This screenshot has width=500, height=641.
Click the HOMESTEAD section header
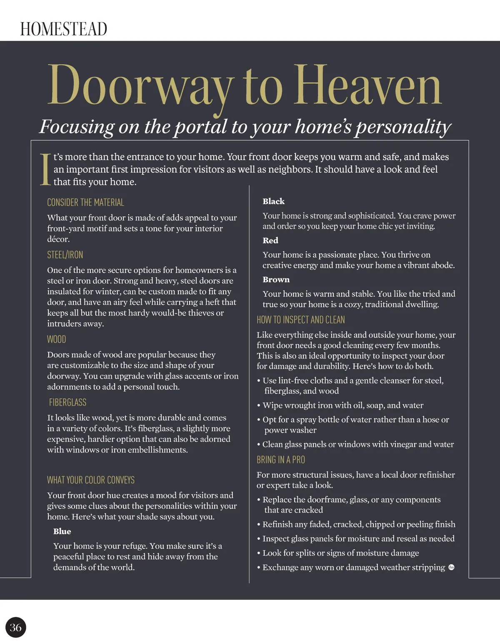tap(64, 29)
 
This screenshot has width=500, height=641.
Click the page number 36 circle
tap(16, 628)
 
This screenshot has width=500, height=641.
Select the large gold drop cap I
tap(45, 169)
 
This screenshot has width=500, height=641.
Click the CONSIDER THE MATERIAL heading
tap(85, 203)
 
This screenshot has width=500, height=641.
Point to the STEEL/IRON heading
tap(65, 255)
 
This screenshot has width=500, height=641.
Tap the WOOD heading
tap(57, 339)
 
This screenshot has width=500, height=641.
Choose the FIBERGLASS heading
tap(68, 402)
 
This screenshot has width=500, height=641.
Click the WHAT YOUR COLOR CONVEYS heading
tap(91, 480)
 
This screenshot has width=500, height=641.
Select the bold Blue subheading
tap(62, 531)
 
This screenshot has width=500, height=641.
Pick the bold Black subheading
tap(274, 201)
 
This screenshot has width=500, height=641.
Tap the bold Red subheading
tap(270, 240)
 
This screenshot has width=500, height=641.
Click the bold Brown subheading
tap(276, 280)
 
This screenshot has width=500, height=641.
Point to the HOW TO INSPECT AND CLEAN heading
tap(301, 320)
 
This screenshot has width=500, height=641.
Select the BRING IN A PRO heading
tap(281, 460)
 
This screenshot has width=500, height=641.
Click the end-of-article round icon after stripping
tap(451, 567)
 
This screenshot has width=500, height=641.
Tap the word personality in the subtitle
tap(403, 127)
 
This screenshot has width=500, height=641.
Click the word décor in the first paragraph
tap(58, 239)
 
